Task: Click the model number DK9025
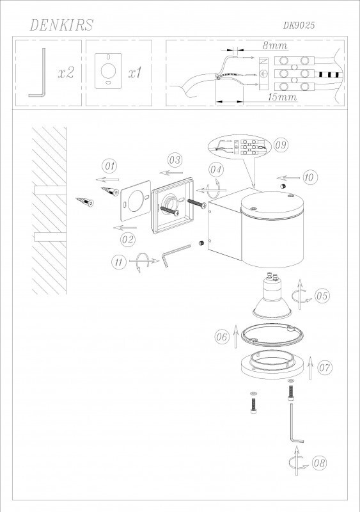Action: coord(299,25)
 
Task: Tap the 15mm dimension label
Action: coord(281,97)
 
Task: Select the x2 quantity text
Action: coord(66,73)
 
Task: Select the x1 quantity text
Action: coord(134,73)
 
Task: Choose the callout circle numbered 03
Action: coord(175,159)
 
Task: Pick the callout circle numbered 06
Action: coord(222,336)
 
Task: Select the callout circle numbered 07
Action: coord(324,367)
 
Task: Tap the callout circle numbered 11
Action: coord(118,261)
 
